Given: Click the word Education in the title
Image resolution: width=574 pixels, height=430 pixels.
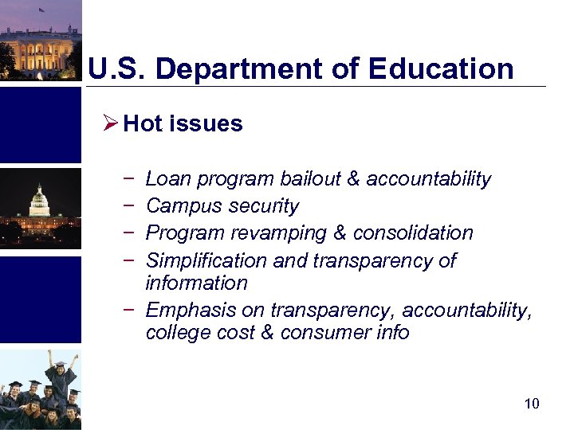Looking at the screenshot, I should coord(441,68).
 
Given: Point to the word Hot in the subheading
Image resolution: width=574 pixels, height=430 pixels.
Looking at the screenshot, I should coord(143,123).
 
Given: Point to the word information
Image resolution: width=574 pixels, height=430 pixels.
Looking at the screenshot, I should coord(196,283).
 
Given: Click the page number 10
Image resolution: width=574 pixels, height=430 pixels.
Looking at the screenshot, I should coord(532,404).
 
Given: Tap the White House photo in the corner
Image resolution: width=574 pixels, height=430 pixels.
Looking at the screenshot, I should coord(40,40).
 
